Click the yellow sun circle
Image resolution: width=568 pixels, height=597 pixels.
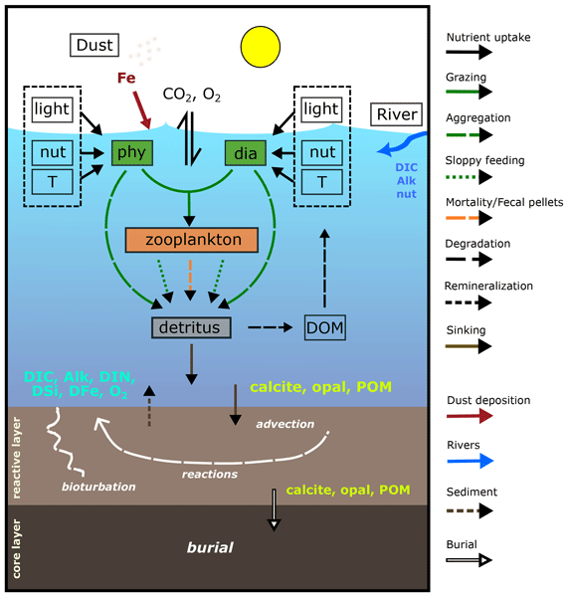tap(261, 47)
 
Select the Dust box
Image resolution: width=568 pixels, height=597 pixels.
tap(95, 45)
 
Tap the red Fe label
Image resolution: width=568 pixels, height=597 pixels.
tap(126, 78)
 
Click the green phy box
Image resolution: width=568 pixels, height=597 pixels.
tap(132, 152)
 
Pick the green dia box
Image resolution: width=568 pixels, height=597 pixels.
tap(246, 153)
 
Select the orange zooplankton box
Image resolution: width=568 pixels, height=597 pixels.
tap(192, 240)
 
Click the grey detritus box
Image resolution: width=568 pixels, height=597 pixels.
tap(191, 327)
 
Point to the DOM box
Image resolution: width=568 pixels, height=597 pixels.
tap(325, 327)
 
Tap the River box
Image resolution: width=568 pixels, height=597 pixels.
tap(397, 114)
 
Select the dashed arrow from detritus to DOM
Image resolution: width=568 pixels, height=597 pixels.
tap(270, 327)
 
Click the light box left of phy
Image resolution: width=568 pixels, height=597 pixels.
tap(52, 109)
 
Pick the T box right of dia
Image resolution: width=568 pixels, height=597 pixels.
tap(322, 182)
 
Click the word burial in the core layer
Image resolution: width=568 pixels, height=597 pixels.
tap(210, 547)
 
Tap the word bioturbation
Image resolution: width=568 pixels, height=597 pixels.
tap(98, 487)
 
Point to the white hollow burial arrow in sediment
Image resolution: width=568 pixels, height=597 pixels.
tap(274, 509)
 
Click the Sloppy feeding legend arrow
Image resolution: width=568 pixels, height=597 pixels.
tap(469, 177)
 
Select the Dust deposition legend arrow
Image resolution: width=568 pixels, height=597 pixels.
tap(470, 416)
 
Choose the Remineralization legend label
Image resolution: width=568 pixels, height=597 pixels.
tap(488, 286)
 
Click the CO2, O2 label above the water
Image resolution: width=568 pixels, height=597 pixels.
tap(192, 95)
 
